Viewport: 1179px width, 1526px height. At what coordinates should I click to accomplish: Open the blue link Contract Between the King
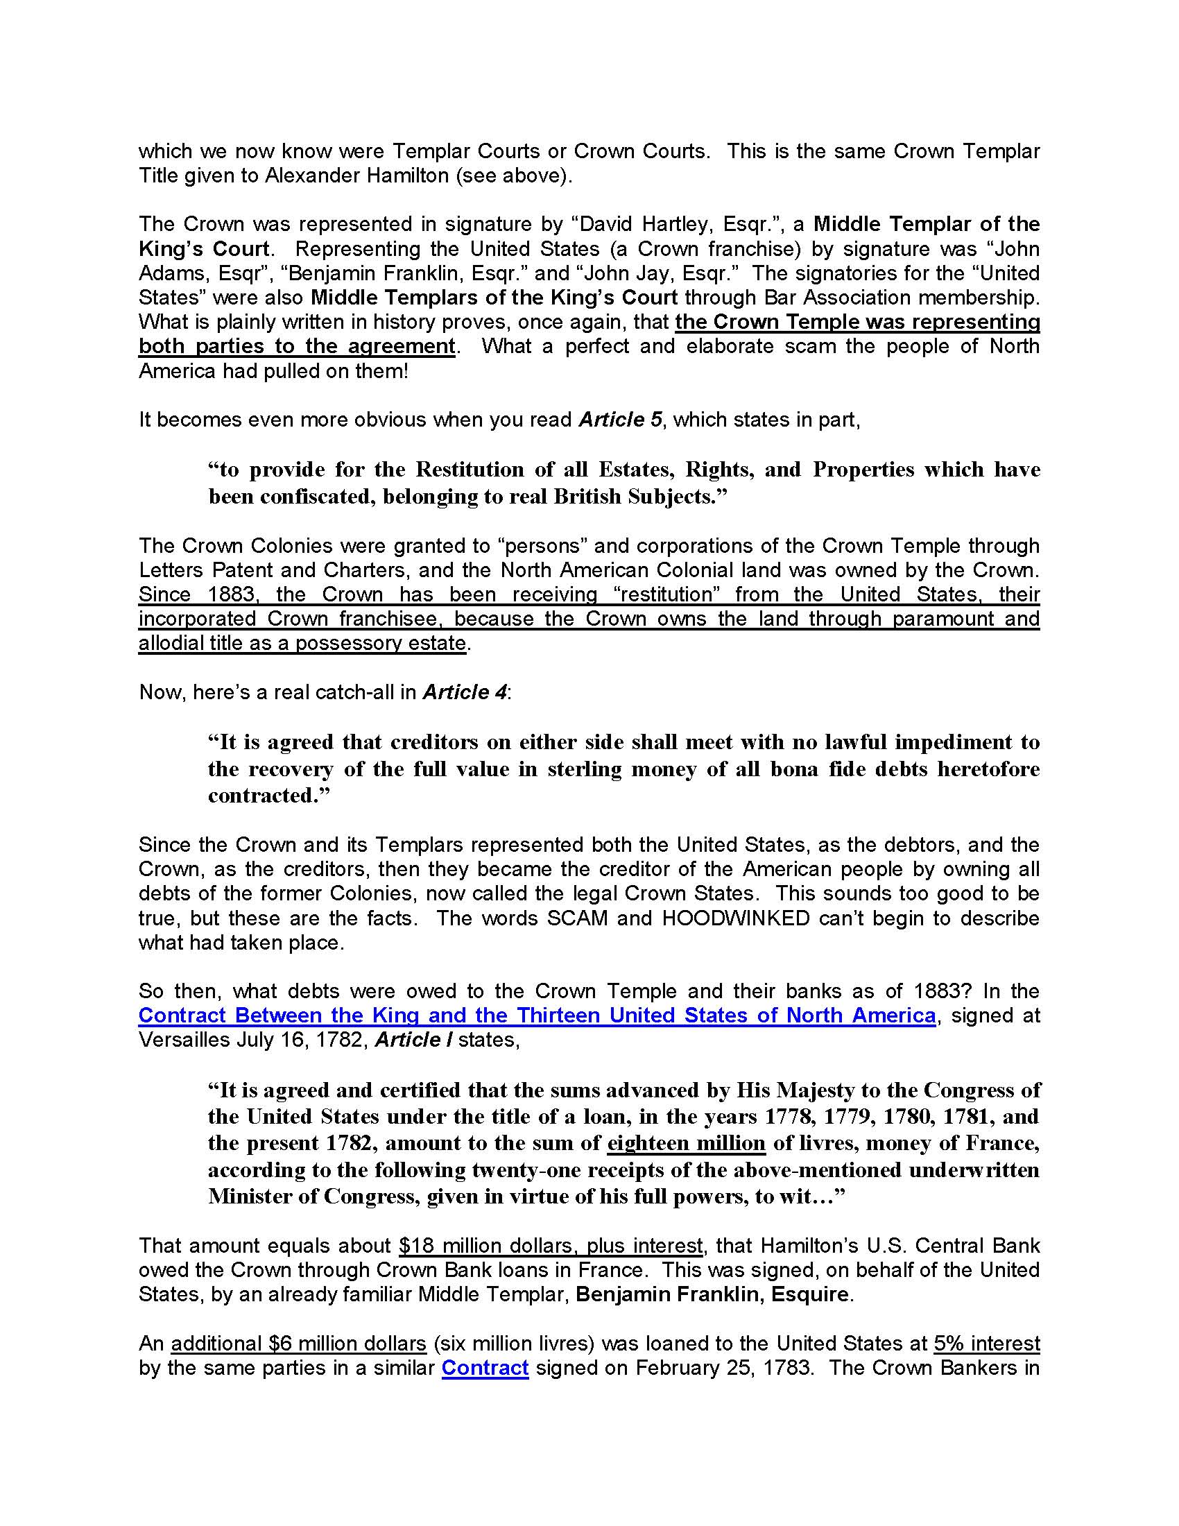tap(536, 1015)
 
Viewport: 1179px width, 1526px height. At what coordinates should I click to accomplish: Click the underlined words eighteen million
tap(686, 1143)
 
